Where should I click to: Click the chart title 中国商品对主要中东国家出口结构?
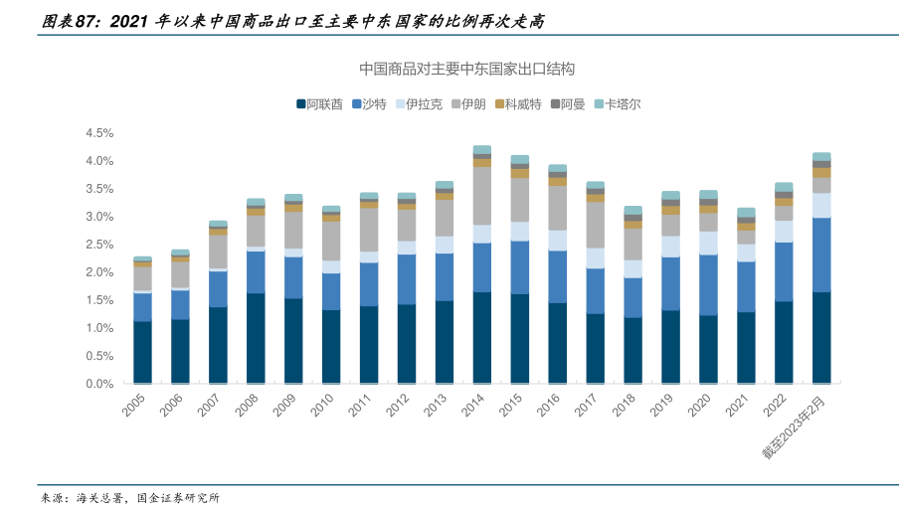(467, 70)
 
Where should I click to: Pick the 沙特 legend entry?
(373, 103)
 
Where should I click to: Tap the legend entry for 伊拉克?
(425, 103)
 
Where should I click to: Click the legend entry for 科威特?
(522, 103)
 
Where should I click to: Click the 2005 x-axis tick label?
(136, 406)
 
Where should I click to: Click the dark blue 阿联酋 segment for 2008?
(256, 338)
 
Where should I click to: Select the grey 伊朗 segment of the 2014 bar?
(482, 195)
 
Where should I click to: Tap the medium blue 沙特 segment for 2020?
(708, 284)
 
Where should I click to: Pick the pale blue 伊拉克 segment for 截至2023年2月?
(821, 205)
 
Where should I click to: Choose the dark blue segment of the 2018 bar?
(632, 350)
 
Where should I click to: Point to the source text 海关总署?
(102, 498)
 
